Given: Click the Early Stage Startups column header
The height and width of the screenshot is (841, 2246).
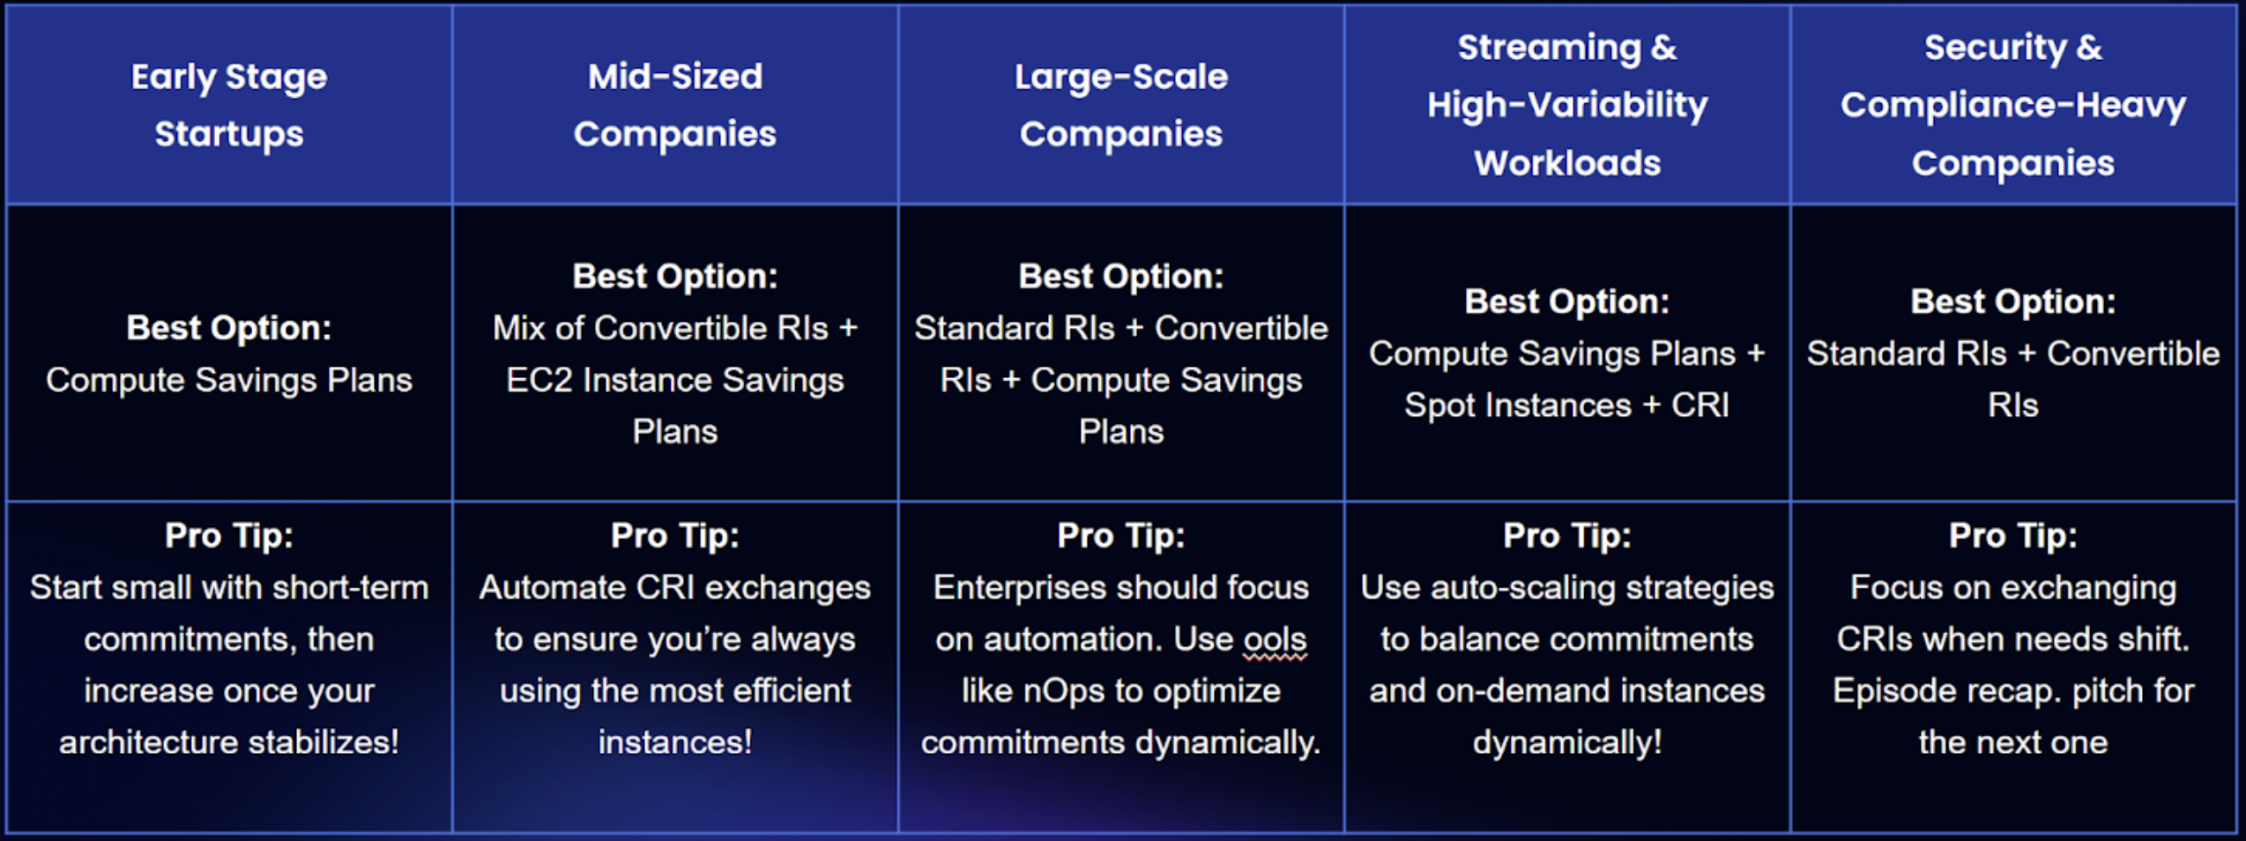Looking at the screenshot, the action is pyautogui.click(x=229, y=105).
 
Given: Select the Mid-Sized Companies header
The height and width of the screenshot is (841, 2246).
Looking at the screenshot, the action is pyautogui.click(x=675, y=105).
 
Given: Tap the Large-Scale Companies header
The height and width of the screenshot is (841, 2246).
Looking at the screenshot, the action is pyautogui.click(x=1121, y=105).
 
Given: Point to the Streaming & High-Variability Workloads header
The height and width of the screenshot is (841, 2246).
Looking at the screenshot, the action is pyautogui.click(x=1567, y=105).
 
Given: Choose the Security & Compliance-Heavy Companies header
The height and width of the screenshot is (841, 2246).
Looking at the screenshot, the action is pyautogui.click(x=2013, y=105).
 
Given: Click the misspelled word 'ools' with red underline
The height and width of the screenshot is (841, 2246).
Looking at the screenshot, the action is pyautogui.click(x=1275, y=639).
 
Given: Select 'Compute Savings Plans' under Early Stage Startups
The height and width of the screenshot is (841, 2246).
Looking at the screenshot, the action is pyautogui.click(x=229, y=380).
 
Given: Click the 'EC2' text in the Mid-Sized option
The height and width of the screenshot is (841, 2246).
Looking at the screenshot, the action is pyautogui.click(x=539, y=380).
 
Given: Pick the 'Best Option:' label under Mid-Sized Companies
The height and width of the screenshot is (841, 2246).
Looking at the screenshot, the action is pyautogui.click(x=675, y=276).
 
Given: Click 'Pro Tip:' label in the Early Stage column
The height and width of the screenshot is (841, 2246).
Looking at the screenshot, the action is pyautogui.click(x=229, y=535).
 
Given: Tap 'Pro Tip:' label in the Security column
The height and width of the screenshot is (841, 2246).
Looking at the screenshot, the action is pyautogui.click(x=2013, y=535).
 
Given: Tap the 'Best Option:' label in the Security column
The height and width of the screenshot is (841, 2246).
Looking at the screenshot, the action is pyautogui.click(x=2013, y=301).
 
